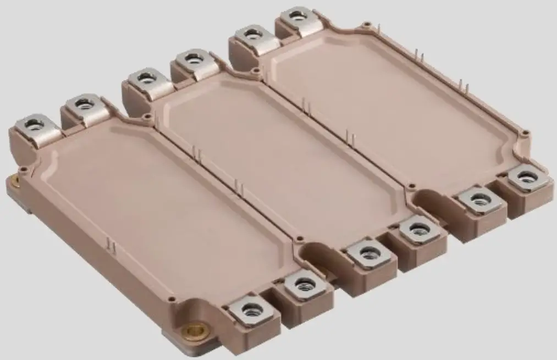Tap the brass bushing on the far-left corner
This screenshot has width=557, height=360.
(x=12, y=181)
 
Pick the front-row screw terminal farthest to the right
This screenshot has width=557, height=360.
(x=527, y=177)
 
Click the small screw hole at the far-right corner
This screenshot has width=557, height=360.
(x=526, y=132)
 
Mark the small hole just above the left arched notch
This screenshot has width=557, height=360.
(x=300, y=238)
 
